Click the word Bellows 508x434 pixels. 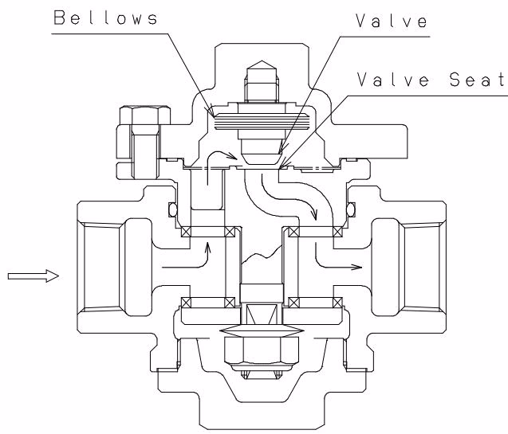pos(105,18)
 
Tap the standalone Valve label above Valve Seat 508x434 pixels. pos(392,21)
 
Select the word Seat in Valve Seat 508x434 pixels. pos(477,79)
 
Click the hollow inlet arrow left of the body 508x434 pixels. pos(33,276)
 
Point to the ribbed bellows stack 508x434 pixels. pos(262,122)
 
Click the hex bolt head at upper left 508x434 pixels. pos(145,115)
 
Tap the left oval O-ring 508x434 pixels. pos(173,209)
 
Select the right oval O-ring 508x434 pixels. pos(351,209)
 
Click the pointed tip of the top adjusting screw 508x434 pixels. pos(262,61)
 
